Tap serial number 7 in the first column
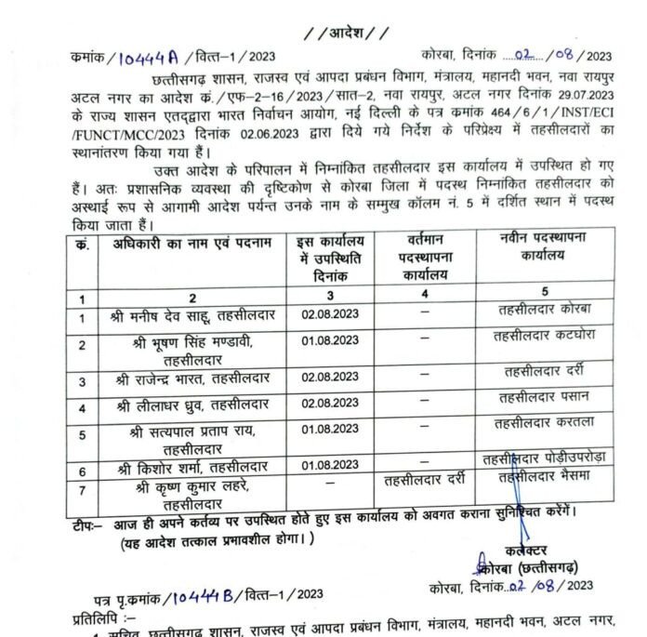[82, 490]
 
